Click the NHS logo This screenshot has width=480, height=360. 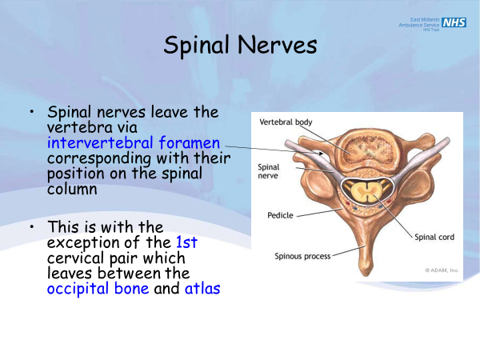[x=454, y=22]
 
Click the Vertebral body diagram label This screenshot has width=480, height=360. [x=286, y=122]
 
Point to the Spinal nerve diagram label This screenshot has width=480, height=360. [x=268, y=172]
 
